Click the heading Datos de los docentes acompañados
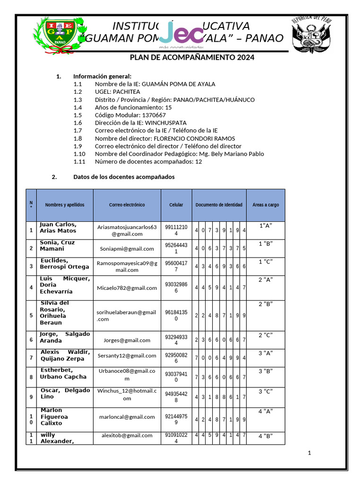[x=123, y=177]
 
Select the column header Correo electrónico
[x=127, y=205]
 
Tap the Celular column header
[x=176, y=205]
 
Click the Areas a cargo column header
[x=266, y=205]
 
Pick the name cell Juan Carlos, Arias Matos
[x=58, y=228]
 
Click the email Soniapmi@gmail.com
[x=127, y=249]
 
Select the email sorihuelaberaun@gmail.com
[x=127, y=315]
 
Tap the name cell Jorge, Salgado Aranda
[x=64, y=337]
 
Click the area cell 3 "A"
[x=266, y=353]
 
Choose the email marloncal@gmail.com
[x=127, y=417]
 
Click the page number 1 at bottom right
[x=309, y=453]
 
